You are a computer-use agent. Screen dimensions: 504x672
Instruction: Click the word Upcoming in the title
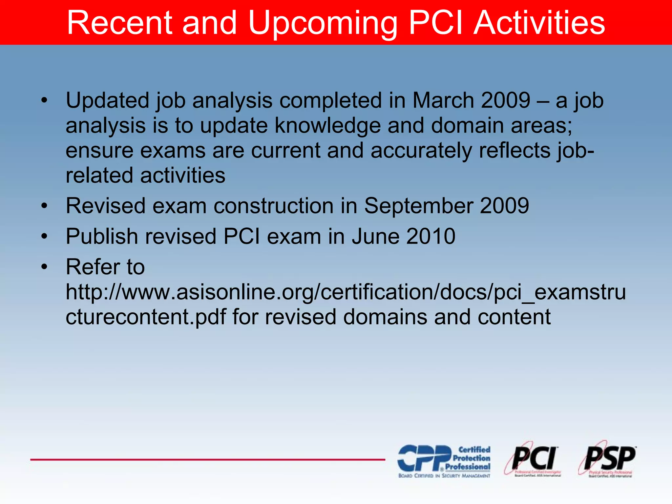[322, 23]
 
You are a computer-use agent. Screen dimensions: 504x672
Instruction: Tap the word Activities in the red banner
[539, 23]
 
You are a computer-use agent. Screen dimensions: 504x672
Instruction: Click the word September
[418, 206]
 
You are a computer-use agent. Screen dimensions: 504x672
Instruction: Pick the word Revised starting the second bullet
[105, 206]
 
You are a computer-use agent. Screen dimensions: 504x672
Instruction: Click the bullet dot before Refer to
[44, 267]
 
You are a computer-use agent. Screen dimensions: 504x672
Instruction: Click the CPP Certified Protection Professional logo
[444, 461]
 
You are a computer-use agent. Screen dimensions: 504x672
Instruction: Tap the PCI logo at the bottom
[533, 459]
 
